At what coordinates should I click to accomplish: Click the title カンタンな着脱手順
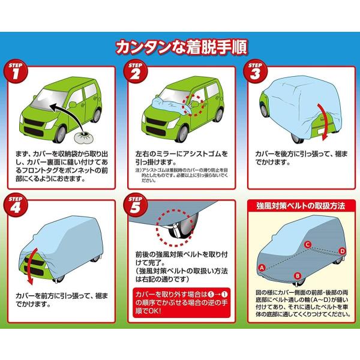[180, 46]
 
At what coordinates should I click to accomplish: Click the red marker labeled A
[262, 266]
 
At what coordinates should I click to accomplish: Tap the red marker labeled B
[297, 276]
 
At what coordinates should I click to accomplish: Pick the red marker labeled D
[342, 250]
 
